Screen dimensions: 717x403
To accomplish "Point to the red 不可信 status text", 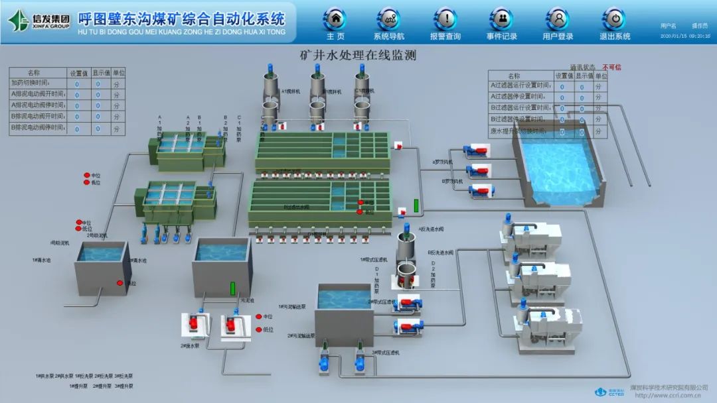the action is (x=611, y=67).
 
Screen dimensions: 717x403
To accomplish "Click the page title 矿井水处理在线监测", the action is (x=358, y=55).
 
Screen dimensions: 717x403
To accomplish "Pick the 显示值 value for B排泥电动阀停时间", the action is (x=98, y=129).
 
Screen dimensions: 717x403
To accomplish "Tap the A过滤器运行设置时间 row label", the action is (x=520, y=86).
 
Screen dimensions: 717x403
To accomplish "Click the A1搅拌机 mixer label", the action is (x=291, y=91).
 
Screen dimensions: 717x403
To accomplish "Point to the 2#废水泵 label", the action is (x=191, y=345).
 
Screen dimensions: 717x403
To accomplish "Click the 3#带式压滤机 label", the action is (x=384, y=352).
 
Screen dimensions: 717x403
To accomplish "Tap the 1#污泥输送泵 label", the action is (x=291, y=307).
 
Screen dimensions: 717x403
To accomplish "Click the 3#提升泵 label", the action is (x=124, y=385).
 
